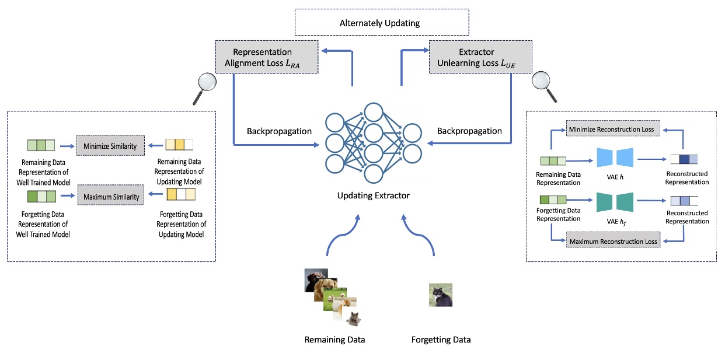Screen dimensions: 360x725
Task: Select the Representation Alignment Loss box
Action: tap(267, 57)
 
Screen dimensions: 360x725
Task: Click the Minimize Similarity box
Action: tap(110, 146)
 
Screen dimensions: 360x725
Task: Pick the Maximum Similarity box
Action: tap(110, 197)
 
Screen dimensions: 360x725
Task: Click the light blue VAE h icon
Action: tap(615, 158)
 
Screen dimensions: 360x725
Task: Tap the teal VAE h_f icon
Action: tap(615, 202)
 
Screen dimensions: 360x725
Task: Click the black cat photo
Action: tap(440, 295)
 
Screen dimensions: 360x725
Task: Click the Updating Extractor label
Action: tap(373, 195)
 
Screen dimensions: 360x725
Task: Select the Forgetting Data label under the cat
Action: tap(441, 340)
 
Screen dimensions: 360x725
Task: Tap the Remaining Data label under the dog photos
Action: tap(334, 340)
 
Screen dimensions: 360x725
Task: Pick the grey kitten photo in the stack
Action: tap(352, 318)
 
